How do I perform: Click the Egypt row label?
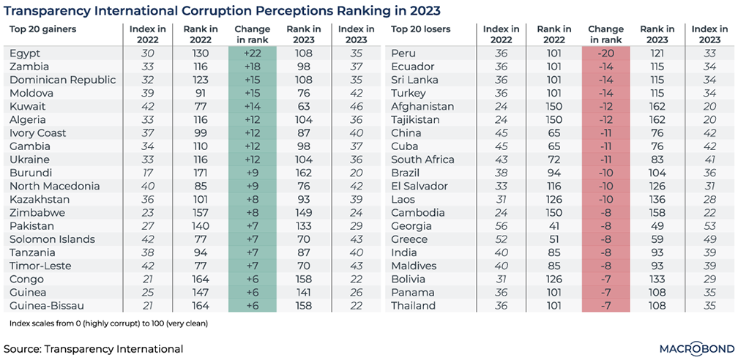tap(26, 53)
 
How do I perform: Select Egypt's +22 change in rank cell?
tap(253, 53)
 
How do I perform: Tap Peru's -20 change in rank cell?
tap(605, 53)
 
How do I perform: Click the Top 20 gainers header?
tap(42, 29)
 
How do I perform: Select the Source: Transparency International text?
tap(94, 349)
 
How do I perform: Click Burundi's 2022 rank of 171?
tap(200, 173)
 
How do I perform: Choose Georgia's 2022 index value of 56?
tap(501, 226)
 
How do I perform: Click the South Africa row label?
tap(422, 160)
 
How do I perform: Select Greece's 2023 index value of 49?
tap(709, 239)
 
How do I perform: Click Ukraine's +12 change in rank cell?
tap(253, 160)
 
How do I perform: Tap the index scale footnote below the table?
tap(108, 323)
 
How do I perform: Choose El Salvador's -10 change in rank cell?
tap(605, 186)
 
